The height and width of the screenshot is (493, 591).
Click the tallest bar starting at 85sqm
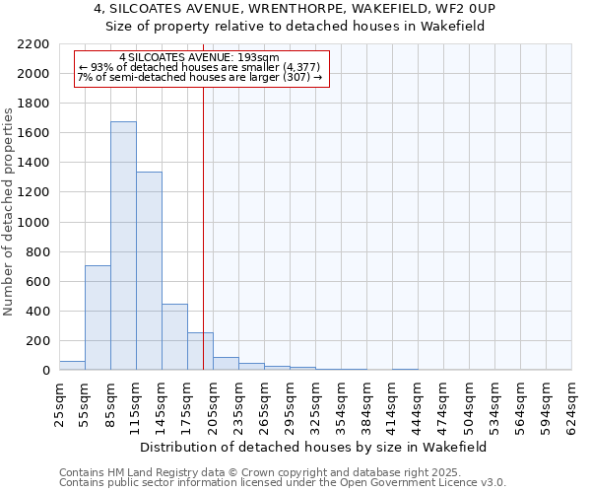[x=123, y=246]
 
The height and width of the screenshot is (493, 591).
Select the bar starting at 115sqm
[x=149, y=271]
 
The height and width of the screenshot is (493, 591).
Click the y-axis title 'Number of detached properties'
[x=10, y=207]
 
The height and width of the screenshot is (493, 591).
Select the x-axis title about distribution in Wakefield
[x=313, y=447]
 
